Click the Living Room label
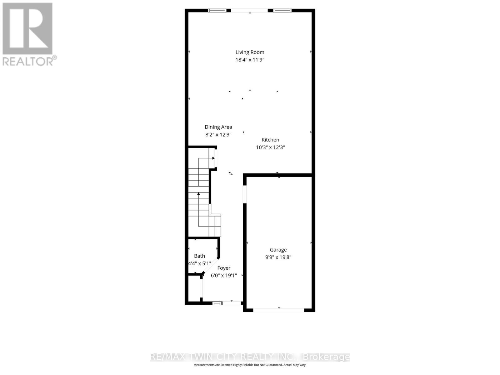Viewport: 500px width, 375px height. click(250, 52)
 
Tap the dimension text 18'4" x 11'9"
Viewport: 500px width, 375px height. click(250, 60)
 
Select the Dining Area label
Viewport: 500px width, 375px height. click(218, 127)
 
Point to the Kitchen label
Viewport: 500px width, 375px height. click(270, 140)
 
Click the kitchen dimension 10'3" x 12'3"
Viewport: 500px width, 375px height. click(270, 147)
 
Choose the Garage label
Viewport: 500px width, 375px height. click(278, 250)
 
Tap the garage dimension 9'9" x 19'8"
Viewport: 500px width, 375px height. click(278, 257)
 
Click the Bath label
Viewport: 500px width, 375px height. click(199, 256)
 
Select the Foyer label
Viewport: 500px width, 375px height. click(224, 268)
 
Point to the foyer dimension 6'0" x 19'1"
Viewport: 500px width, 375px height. click(224, 276)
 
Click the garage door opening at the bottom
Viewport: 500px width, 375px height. click(278, 310)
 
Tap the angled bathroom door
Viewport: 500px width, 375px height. click(211, 266)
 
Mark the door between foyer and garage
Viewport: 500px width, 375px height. click(245, 194)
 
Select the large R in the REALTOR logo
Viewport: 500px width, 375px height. click(27, 29)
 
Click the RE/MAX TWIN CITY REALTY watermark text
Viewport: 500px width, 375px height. click(250, 357)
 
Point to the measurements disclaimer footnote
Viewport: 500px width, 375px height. click(250, 365)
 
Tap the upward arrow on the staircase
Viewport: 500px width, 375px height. click(198, 194)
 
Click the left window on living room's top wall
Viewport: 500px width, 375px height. click(217, 11)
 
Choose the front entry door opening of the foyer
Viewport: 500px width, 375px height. click(232, 303)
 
